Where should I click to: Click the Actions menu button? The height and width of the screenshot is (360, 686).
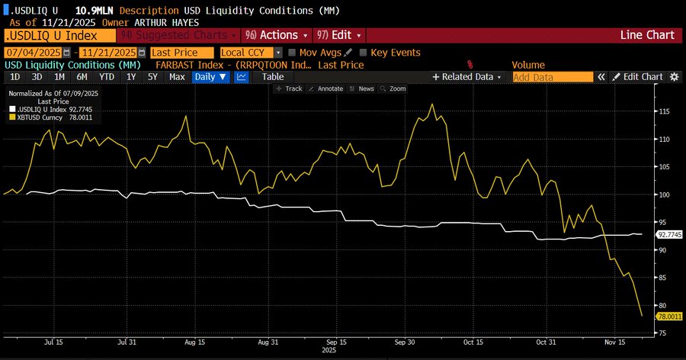277,36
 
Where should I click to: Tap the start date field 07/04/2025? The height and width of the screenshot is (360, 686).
33,53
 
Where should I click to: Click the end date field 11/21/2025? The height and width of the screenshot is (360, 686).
107,53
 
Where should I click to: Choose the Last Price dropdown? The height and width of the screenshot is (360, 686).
181,53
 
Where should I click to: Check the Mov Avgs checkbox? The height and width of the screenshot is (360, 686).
293,53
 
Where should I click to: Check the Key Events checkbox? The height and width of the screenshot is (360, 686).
363,53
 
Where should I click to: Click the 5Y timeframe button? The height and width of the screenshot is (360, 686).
153,77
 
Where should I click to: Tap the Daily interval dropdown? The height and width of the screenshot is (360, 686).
210,77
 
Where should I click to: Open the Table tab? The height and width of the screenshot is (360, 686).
272,77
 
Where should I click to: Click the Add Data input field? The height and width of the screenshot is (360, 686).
553,77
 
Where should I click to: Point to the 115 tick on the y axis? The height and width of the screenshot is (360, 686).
664,111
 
